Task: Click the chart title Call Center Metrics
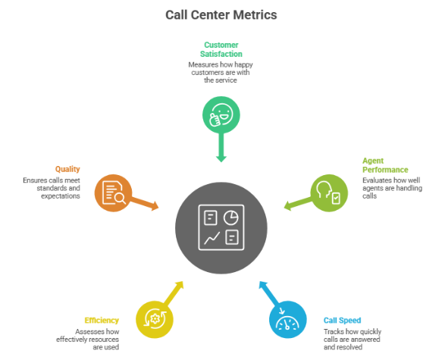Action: coord(221,14)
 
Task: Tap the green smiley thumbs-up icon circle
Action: coord(221,115)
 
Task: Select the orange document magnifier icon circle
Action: coord(113,193)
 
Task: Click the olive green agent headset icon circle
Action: coord(329,192)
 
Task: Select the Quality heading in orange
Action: coord(67,169)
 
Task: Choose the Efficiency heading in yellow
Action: coord(101,321)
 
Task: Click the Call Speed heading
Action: coord(342,321)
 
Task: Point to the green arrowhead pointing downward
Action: coord(221,158)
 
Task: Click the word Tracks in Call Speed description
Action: coord(334,332)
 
